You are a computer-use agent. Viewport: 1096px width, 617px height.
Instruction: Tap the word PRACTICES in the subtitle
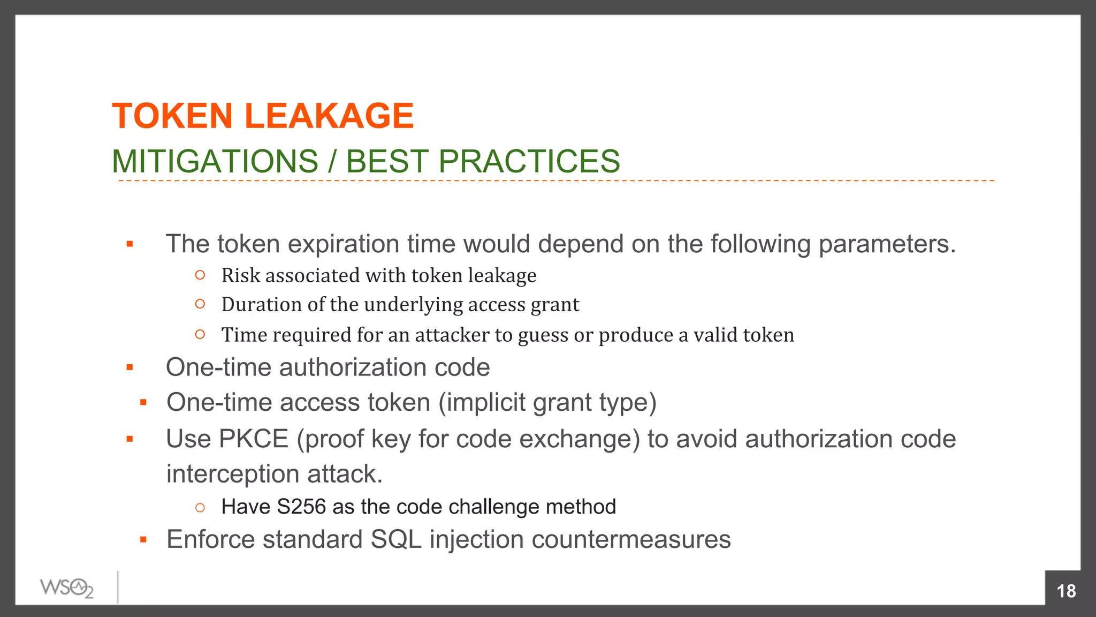[529, 161]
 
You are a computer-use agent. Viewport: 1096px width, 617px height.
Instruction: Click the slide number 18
[1066, 591]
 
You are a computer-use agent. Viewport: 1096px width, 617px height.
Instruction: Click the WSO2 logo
[67, 588]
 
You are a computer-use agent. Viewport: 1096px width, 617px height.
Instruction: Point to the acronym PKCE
[254, 439]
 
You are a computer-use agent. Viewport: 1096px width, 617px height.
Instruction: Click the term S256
[301, 507]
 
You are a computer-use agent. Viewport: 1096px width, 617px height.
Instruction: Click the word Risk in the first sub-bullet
[241, 275]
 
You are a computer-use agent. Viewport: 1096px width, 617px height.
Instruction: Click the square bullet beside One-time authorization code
[130, 367]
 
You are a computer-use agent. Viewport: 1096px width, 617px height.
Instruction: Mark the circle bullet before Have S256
[200, 507]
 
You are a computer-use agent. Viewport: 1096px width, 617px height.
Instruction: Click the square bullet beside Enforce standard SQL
[143, 540]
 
